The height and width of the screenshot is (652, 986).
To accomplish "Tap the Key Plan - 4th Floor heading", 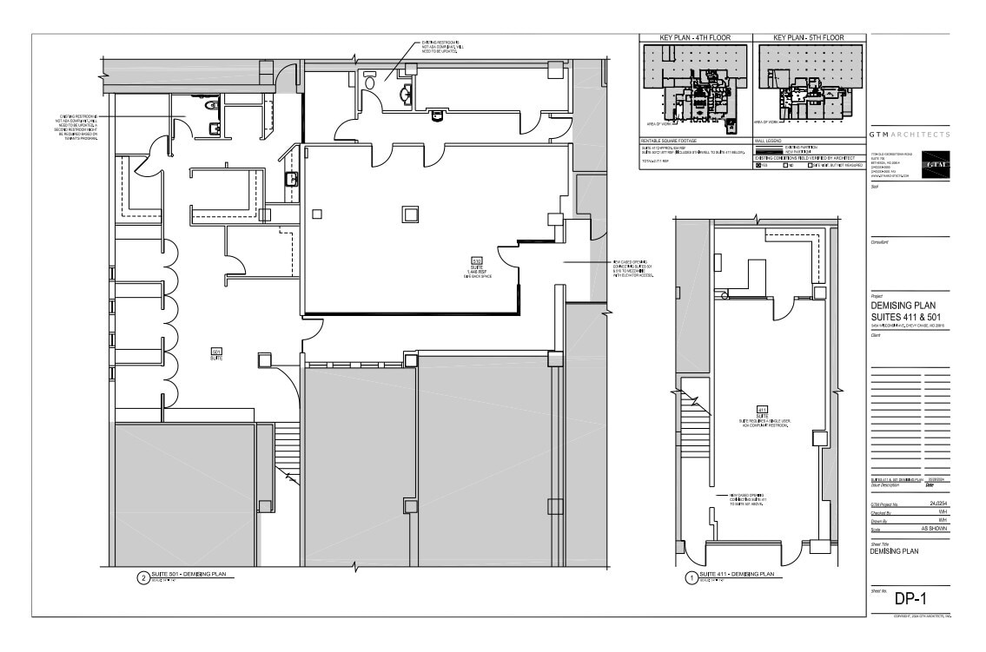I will (693, 38).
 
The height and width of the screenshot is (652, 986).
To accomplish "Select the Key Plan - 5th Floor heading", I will (810, 38).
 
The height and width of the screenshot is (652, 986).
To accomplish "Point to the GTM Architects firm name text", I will (910, 135).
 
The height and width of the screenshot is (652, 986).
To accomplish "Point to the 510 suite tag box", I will (476, 260).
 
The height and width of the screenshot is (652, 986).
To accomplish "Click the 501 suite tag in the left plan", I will (216, 352).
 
